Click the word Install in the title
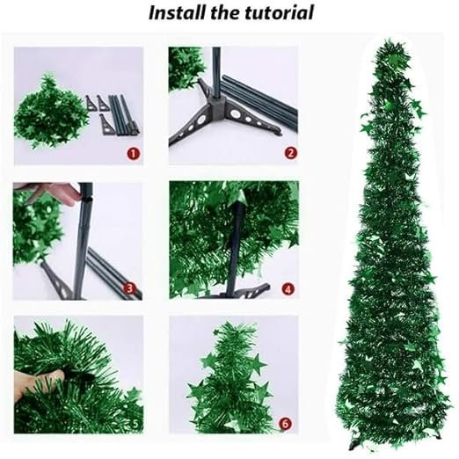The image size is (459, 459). tap(177, 12)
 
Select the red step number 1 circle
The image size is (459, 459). tap(134, 153)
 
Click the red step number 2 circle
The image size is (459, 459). tap(291, 153)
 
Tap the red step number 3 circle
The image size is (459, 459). tap(129, 288)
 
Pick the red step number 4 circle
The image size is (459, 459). tap(288, 289)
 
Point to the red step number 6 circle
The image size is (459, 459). tap(286, 424)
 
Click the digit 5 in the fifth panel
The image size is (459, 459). tap(135, 424)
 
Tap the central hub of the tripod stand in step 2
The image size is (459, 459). tap(217, 103)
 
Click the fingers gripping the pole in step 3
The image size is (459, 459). tap(50, 192)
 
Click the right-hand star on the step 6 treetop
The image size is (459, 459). tap(258, 364)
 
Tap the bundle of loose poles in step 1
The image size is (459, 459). tap(124, 115)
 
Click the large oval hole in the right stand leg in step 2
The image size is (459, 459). tap(235, 113)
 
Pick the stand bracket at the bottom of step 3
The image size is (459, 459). tap(57, 280)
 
